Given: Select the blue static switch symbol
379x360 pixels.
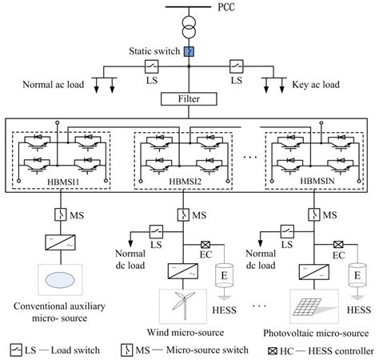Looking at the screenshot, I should (189, 52).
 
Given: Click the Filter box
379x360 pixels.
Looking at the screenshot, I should (189, 101).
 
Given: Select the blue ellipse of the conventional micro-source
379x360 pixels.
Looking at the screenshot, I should (62, 281).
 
